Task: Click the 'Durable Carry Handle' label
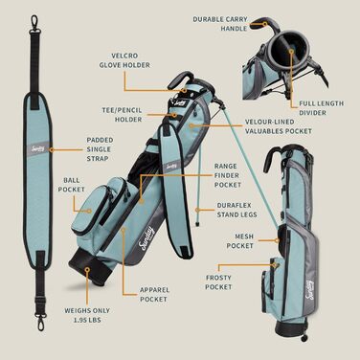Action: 220,24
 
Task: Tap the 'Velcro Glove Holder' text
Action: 124,60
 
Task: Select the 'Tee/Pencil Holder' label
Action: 122,115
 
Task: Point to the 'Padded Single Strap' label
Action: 100,149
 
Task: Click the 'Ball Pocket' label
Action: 71,185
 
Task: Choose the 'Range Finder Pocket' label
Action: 228,175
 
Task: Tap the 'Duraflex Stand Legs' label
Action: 236,210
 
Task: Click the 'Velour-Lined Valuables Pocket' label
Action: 279,126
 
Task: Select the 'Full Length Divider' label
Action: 322,108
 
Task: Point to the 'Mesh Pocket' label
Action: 239,241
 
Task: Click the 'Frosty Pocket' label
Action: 218,282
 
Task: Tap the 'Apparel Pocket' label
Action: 154,295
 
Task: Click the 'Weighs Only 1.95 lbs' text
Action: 87,315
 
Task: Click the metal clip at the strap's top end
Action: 34,24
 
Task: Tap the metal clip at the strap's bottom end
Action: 40,322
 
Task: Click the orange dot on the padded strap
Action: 51,149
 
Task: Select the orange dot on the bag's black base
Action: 87,270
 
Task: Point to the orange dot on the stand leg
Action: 197,210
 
